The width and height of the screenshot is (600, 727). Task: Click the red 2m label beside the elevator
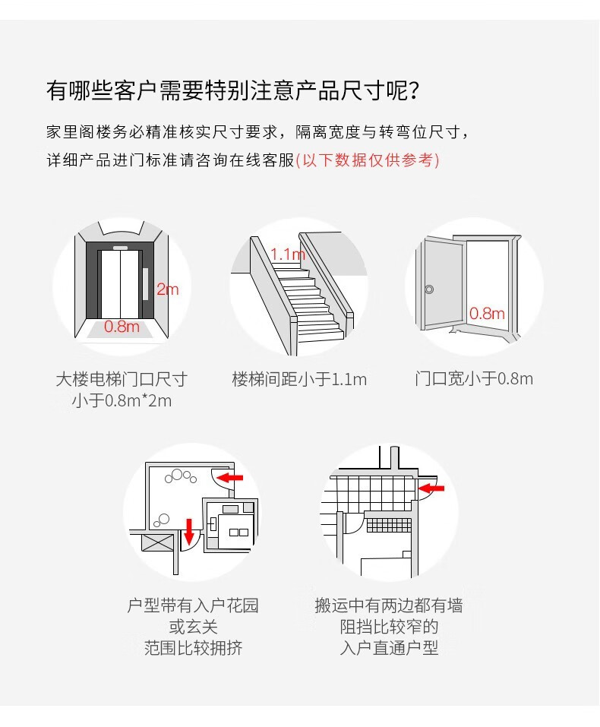[x=167, y=289]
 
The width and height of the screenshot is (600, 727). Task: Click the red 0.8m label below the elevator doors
[x=122, y=327]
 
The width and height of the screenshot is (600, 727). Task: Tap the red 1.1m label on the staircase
[x=288, y=254]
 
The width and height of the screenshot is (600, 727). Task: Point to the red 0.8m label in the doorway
[x=487, y=314]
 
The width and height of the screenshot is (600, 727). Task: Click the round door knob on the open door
[x=429, y=289]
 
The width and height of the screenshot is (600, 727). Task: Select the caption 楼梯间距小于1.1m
[x=299, y=379]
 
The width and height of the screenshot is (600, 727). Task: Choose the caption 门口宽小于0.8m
[x=474, y=379]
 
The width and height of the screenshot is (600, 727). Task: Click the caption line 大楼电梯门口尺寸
[x=122, y=379]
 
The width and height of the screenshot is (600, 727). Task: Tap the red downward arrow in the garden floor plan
[x=188, y=531]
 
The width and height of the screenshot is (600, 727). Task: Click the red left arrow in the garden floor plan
[x=230, y=477]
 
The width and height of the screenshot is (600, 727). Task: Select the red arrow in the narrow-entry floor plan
[x=431, y=488]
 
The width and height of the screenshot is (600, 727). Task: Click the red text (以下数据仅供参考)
[x=368, y=160]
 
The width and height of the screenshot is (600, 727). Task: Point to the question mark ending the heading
[x=414, y=90]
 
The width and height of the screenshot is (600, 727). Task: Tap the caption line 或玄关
[x=194, y=627]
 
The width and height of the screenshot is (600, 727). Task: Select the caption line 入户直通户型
[x=389, y=648]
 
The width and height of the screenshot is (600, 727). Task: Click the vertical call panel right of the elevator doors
[x=145, y=284]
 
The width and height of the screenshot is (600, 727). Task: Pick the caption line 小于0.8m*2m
[x=122, y=400]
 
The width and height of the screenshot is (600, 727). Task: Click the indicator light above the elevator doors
[x=120, y=247]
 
